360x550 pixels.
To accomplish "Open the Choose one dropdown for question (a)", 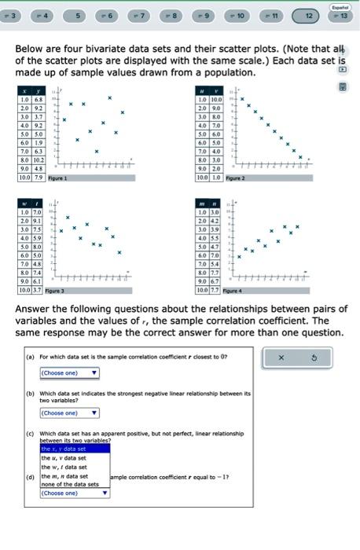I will tap(69, 373).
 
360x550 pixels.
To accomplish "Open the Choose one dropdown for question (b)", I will tap(69, 412).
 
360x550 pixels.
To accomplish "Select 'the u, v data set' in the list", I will tap(65, 457).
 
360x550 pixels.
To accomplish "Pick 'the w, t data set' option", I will tap(65, 467).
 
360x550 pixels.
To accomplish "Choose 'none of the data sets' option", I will tap(71, 485).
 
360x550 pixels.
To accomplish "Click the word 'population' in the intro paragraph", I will tap(228, 72).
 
